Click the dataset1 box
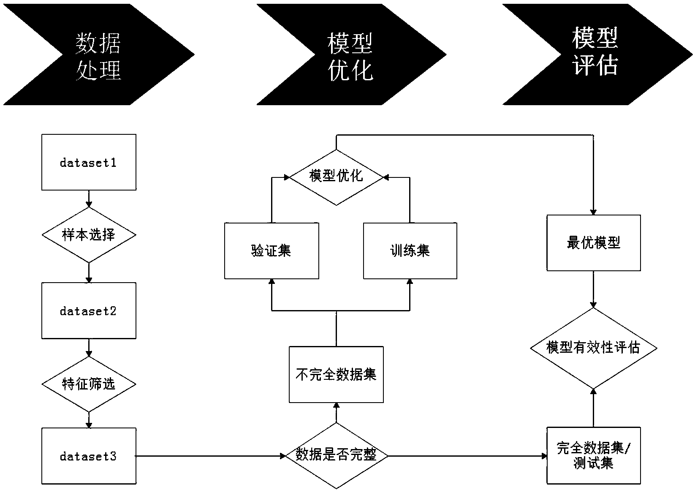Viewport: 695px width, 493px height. pos(89,162)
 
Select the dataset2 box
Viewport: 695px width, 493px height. pos(89,311)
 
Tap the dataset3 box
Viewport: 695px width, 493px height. pos(89,456)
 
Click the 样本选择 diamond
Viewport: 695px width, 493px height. pos(89,235)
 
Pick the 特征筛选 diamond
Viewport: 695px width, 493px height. pos(89,384)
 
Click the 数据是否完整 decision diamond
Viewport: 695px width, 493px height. pos(336,455)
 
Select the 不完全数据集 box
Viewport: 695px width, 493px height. pos(336,374)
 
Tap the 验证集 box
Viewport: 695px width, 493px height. pos(271,251)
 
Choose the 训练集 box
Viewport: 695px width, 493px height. pos(410,251)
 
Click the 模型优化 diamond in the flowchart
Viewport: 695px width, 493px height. pos(336,177)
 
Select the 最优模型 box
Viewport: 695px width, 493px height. pos(593,243)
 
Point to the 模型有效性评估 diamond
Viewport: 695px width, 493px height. pos(593,348)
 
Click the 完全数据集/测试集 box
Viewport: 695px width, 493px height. pos(593,455)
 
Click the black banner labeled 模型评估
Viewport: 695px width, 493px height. pos(595,54)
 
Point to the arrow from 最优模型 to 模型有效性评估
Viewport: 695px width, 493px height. pos(593,289)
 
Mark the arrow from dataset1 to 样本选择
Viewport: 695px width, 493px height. pos(89,199)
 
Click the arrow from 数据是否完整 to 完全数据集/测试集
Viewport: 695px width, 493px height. pos(467,456)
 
